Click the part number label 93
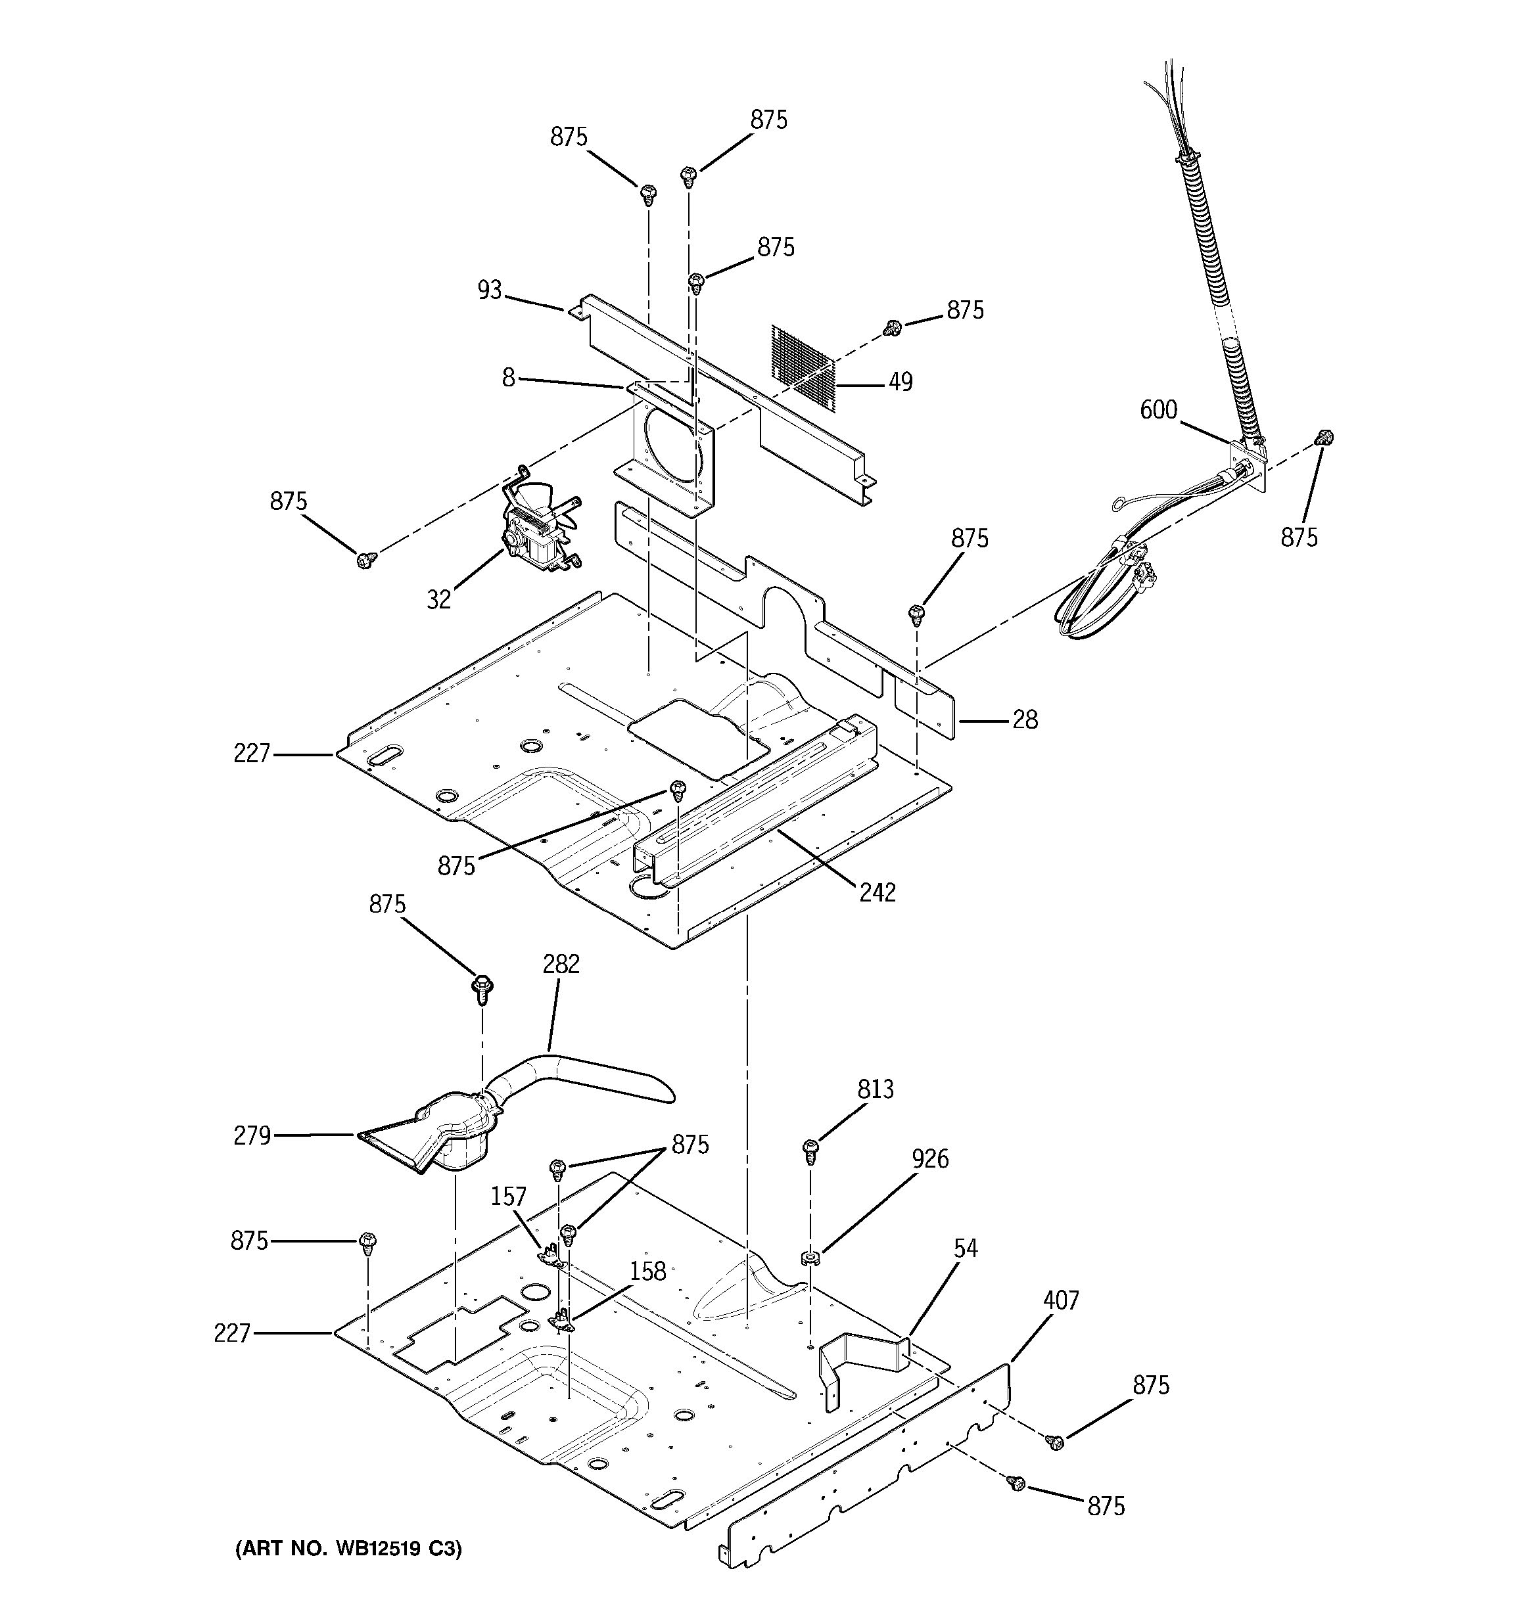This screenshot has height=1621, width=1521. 489,290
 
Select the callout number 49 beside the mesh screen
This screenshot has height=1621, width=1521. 901,382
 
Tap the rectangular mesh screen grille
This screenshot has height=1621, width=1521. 803,367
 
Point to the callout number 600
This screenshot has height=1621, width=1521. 1158,409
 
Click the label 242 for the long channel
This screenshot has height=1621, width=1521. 877,893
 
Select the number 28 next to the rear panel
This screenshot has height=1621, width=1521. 1025,719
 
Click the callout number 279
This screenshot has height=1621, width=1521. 252,1135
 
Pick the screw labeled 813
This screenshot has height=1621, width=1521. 810,1151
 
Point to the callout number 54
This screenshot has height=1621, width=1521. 965,1248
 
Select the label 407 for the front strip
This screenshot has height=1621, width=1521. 1060,1300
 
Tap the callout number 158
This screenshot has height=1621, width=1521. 647,1271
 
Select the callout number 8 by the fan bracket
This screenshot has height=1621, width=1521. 508,378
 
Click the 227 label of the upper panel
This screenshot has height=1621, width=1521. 251,754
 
